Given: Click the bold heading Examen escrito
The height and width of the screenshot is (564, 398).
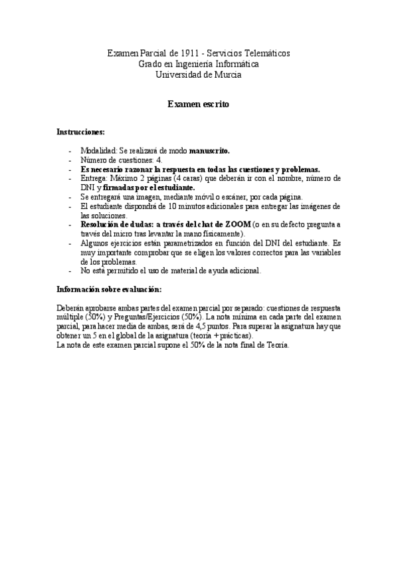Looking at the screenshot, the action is (199, 104).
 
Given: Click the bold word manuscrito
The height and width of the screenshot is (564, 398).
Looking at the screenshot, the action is (209, 150).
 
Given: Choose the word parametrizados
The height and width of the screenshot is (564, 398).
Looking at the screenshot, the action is (186, 243).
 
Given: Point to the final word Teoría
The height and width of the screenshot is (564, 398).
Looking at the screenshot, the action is (277, 346).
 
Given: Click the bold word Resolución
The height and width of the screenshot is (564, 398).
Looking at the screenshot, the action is (102, 225).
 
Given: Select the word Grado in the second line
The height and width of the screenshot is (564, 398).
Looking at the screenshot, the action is (149, 64).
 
